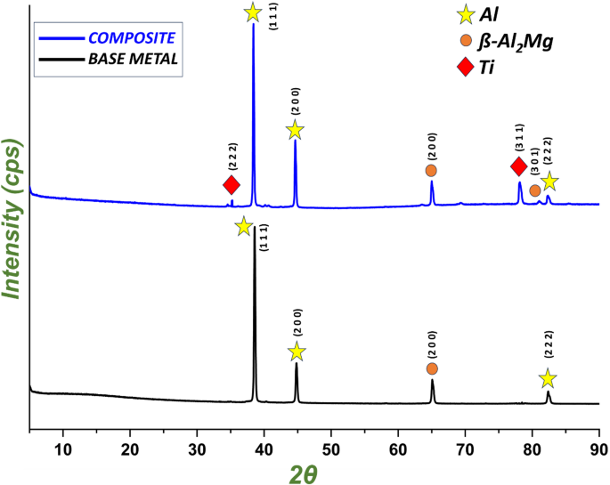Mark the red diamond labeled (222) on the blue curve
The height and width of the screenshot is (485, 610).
[232, 185]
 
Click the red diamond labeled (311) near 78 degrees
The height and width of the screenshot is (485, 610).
[519, 166]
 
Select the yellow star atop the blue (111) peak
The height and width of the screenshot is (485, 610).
[253, 12]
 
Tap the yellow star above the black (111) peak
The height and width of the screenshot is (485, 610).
[244, 227]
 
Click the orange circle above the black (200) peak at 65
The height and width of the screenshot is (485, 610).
[432, 368]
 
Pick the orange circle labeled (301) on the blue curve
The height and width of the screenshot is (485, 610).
[534, 190]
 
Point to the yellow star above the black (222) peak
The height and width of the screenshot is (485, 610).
[548, 379]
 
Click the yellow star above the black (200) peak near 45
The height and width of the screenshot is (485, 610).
[297, 352]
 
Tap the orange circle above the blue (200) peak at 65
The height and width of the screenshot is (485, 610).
[431, 170]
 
